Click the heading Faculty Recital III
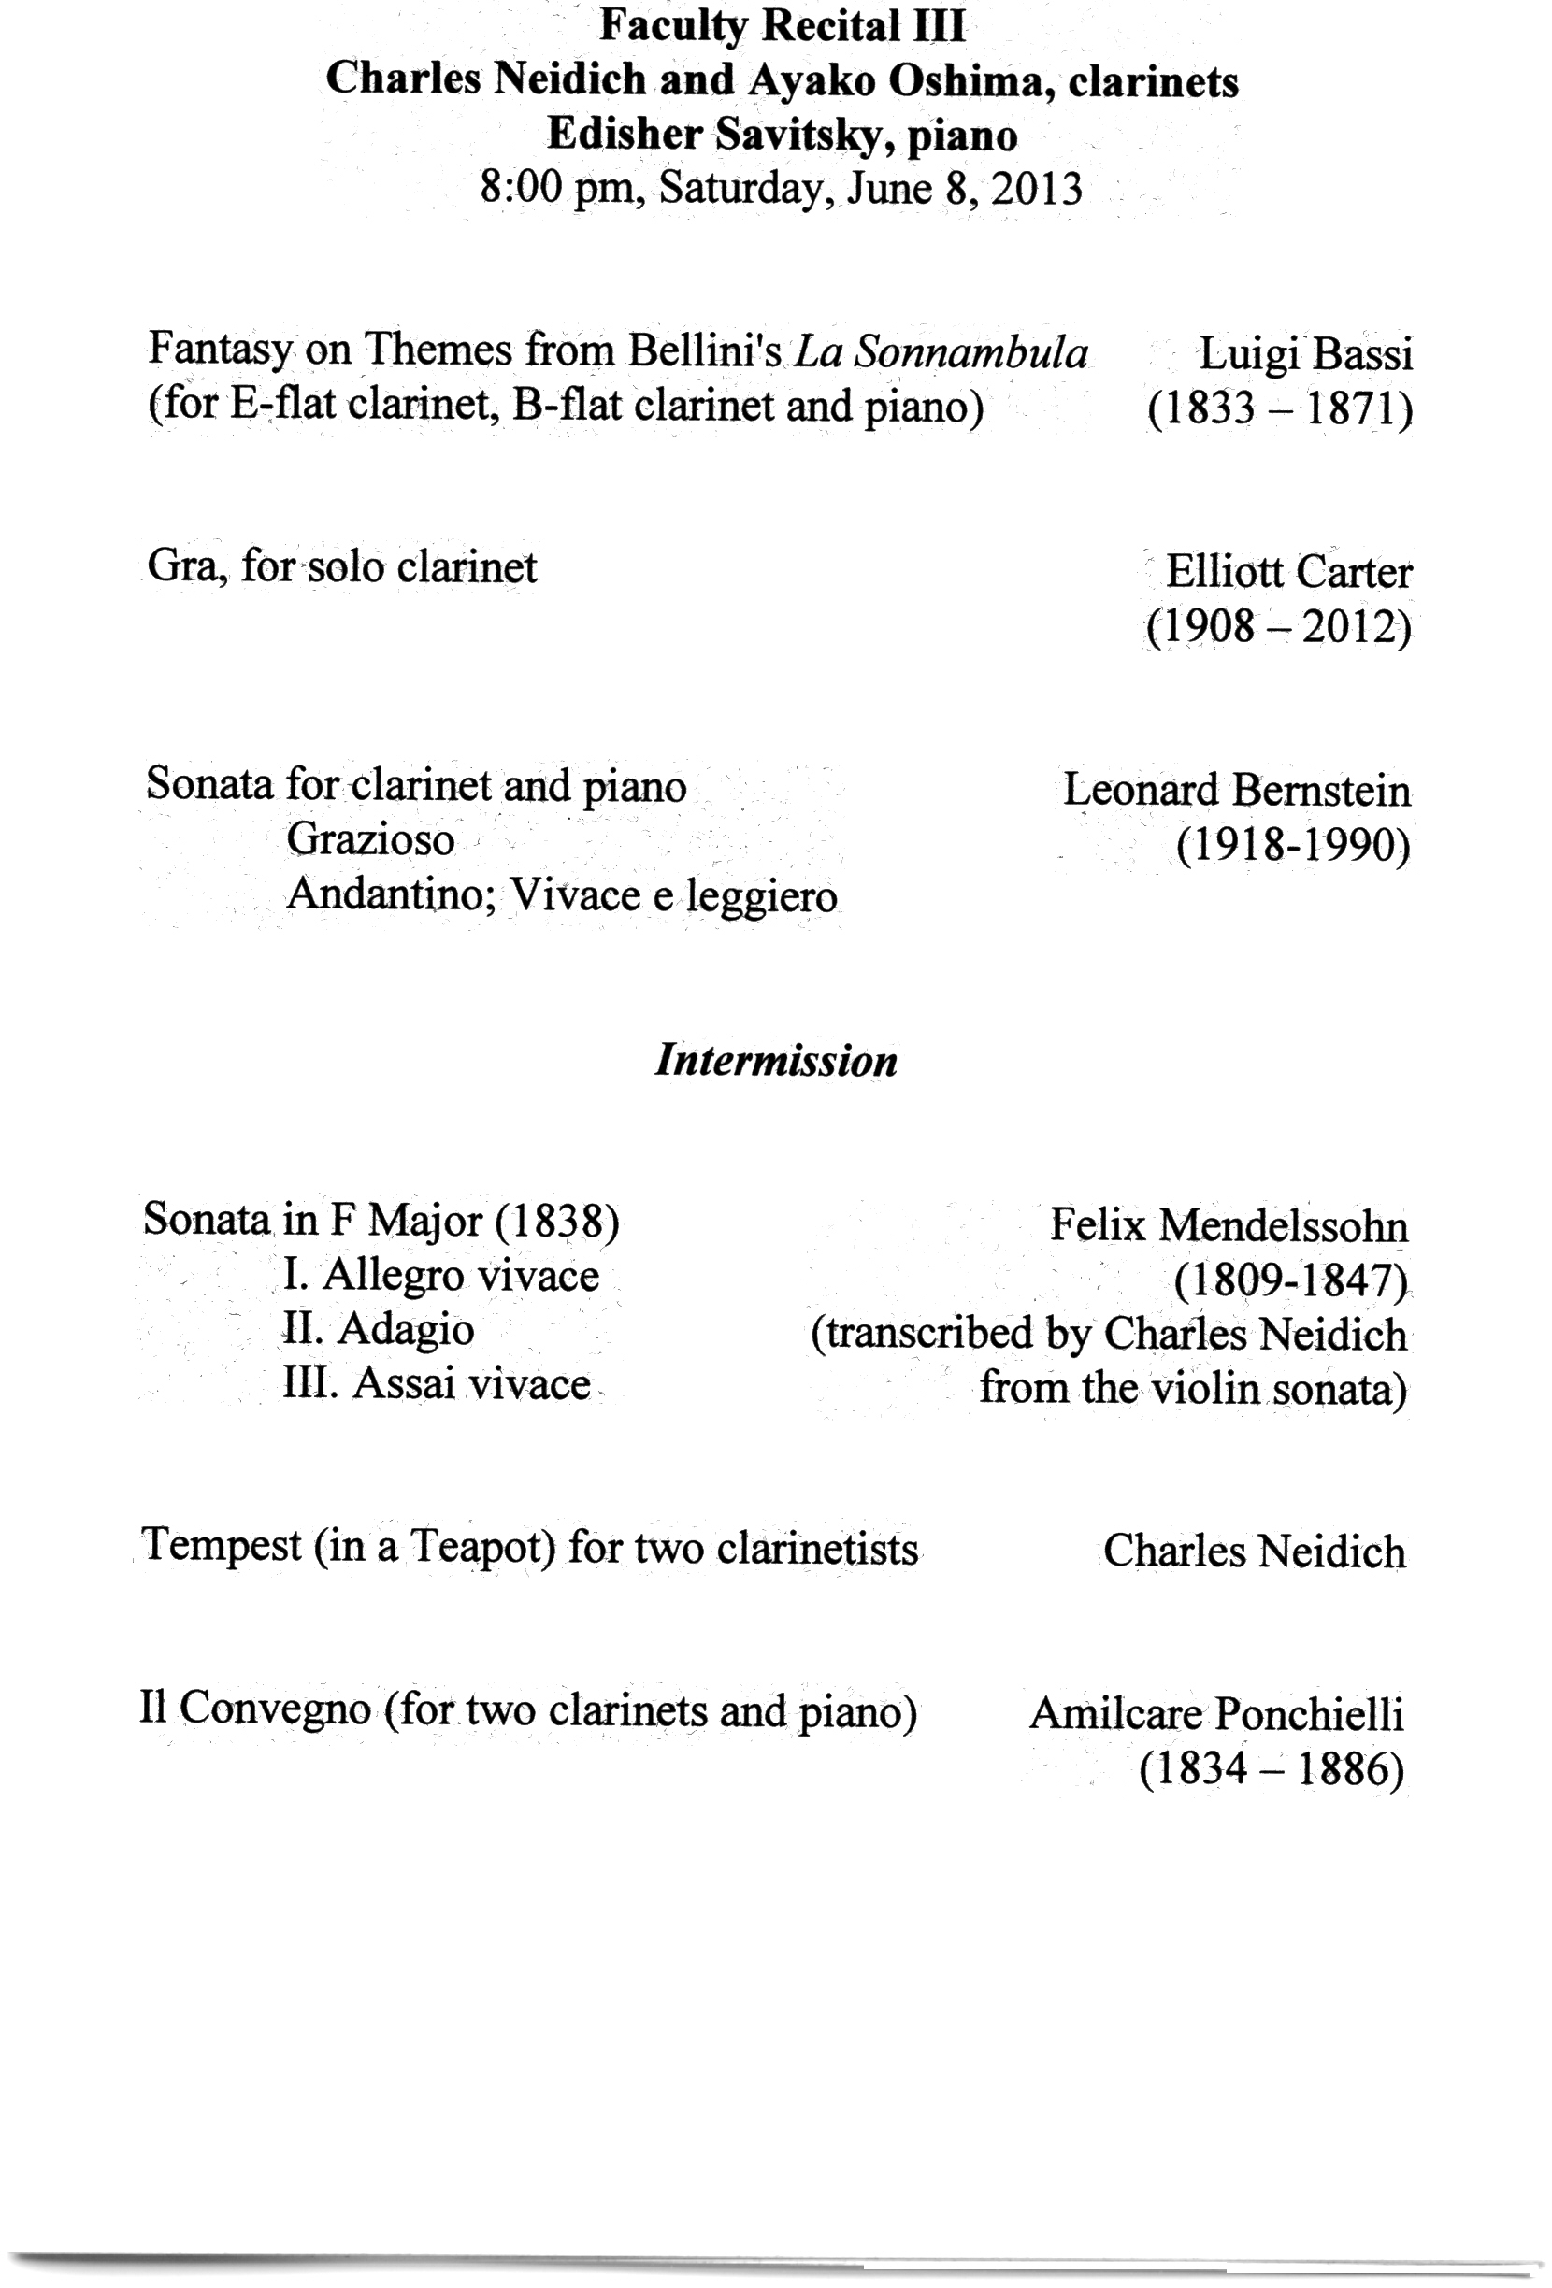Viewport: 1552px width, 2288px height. (782, 26)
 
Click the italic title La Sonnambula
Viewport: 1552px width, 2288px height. (941, 351)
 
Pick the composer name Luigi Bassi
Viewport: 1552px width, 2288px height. (1305, 353)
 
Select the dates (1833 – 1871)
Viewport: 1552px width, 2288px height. (1279, 408)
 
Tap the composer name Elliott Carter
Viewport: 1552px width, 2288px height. (1288, 572)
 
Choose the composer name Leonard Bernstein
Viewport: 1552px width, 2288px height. (1236, 791)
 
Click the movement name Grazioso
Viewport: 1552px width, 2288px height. (370, 840)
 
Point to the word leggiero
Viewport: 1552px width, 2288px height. (761, 896)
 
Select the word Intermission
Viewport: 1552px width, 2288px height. (776, 1060)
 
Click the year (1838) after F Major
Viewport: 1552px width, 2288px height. (556, 1221)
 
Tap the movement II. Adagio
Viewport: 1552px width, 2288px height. (378, 1329)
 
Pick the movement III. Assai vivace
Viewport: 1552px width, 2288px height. (437, 1383)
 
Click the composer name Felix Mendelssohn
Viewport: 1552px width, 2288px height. (1228, 1225)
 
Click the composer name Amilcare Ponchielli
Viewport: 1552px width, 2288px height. (1216, 1714)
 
